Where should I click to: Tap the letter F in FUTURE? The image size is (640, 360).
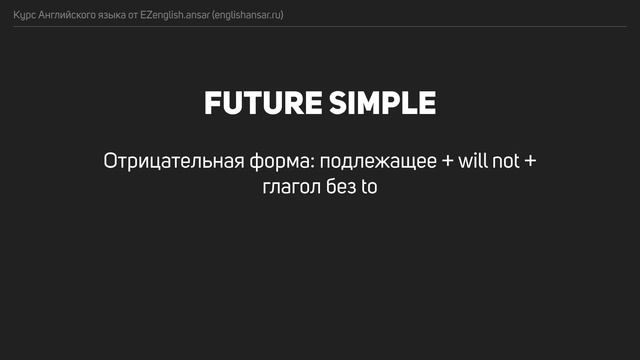click(211, 103)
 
